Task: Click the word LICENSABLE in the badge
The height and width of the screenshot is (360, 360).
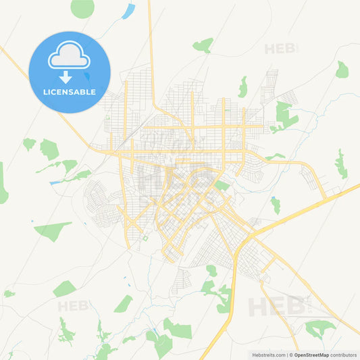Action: pyautogui.click(x=70, y=91)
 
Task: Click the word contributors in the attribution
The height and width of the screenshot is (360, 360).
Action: pyautogui.click(x=344, y=355)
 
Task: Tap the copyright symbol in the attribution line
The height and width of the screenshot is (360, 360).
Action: pyautogui.click(x=292, y=355)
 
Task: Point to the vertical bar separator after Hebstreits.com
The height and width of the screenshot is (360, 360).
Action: pyautogui.click(x=287, y=355)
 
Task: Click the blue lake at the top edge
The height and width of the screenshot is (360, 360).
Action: pyautogui.click(x=128, y=11)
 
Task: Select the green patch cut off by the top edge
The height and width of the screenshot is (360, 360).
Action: pyautogui.click(x=82, y=7)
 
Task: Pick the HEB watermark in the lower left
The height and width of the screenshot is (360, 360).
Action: pyautogui.click(x=73, y=306)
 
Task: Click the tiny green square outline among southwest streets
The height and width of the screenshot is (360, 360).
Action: pyautogui.click(x=145, y=238)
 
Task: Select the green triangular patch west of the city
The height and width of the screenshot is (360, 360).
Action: pyautogui.click(x=53, y=230)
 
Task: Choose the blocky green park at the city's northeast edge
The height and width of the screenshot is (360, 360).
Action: pyautogui.click(x=284, y=115)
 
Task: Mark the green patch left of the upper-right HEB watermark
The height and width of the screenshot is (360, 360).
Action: pyautogui.click(x=203, y=45)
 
